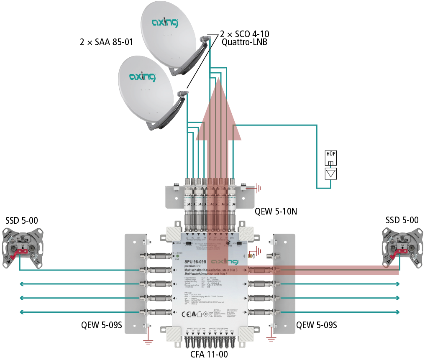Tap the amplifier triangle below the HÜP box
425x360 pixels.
331,173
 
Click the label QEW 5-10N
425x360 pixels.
276,212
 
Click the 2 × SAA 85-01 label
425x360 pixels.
106,42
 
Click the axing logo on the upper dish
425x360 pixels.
165,23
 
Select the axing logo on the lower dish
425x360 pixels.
142,77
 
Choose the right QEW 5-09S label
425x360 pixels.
316,325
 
